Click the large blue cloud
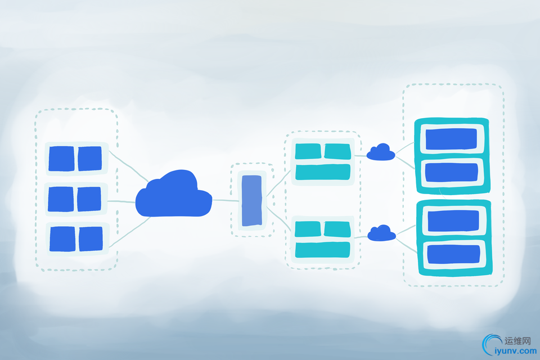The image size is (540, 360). pos(174,195)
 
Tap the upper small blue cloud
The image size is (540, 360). pos(381,152)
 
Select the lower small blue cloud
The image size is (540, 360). pos(381,233)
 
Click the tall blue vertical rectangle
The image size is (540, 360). pos(252,200)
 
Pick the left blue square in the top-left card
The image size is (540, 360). pos(61,159)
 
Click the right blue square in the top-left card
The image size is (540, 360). pos(89,159)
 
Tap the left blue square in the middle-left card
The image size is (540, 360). pos(61,199)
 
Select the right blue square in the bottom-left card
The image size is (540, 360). pos(91,238)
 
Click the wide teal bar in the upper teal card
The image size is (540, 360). pos(323,172)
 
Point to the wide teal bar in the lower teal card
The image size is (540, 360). pos(323,250)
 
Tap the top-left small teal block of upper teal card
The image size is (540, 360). pos(308,151)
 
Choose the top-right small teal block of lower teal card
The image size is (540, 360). pos(337,229)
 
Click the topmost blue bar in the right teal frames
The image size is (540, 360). pos(451,139)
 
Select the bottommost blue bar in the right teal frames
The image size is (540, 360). pos(454,255)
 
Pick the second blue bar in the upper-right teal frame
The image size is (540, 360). pos(452,173)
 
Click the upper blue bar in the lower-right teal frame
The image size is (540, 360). pos(453,221)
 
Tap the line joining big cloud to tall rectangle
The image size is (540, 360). pos(227,200)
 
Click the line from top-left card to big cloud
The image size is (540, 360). pos(129,166)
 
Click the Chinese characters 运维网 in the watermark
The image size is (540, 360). pos(518,341)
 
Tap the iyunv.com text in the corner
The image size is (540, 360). pos(515,351)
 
